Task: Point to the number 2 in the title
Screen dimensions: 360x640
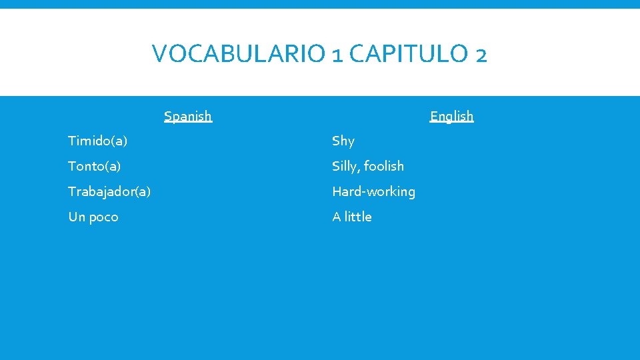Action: (x=481, y=54)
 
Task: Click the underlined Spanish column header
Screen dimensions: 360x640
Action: (x=188, y=116)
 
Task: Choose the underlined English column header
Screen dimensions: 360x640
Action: (x=451, y=116)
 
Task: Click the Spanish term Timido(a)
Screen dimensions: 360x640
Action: (x=98, y=141)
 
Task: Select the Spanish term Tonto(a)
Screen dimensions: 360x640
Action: (x=94, y=166)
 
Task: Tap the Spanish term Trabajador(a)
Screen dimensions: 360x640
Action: (x=109, y=191)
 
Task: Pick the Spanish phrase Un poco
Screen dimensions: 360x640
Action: (x=93, y=217)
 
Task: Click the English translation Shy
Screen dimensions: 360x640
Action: (x=343, y=141)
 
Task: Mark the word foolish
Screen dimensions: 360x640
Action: (x=385, y=166)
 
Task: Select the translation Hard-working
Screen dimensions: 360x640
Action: (x=373, y=191)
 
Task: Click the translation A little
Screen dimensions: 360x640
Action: (x=352, y=217)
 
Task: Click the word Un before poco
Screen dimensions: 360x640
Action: (x=76, y=217)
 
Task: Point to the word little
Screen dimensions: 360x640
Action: (x=358, y=217)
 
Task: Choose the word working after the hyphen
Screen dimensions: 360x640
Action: (x=393, y=192)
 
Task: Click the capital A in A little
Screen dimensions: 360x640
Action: (x=337, y=217)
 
